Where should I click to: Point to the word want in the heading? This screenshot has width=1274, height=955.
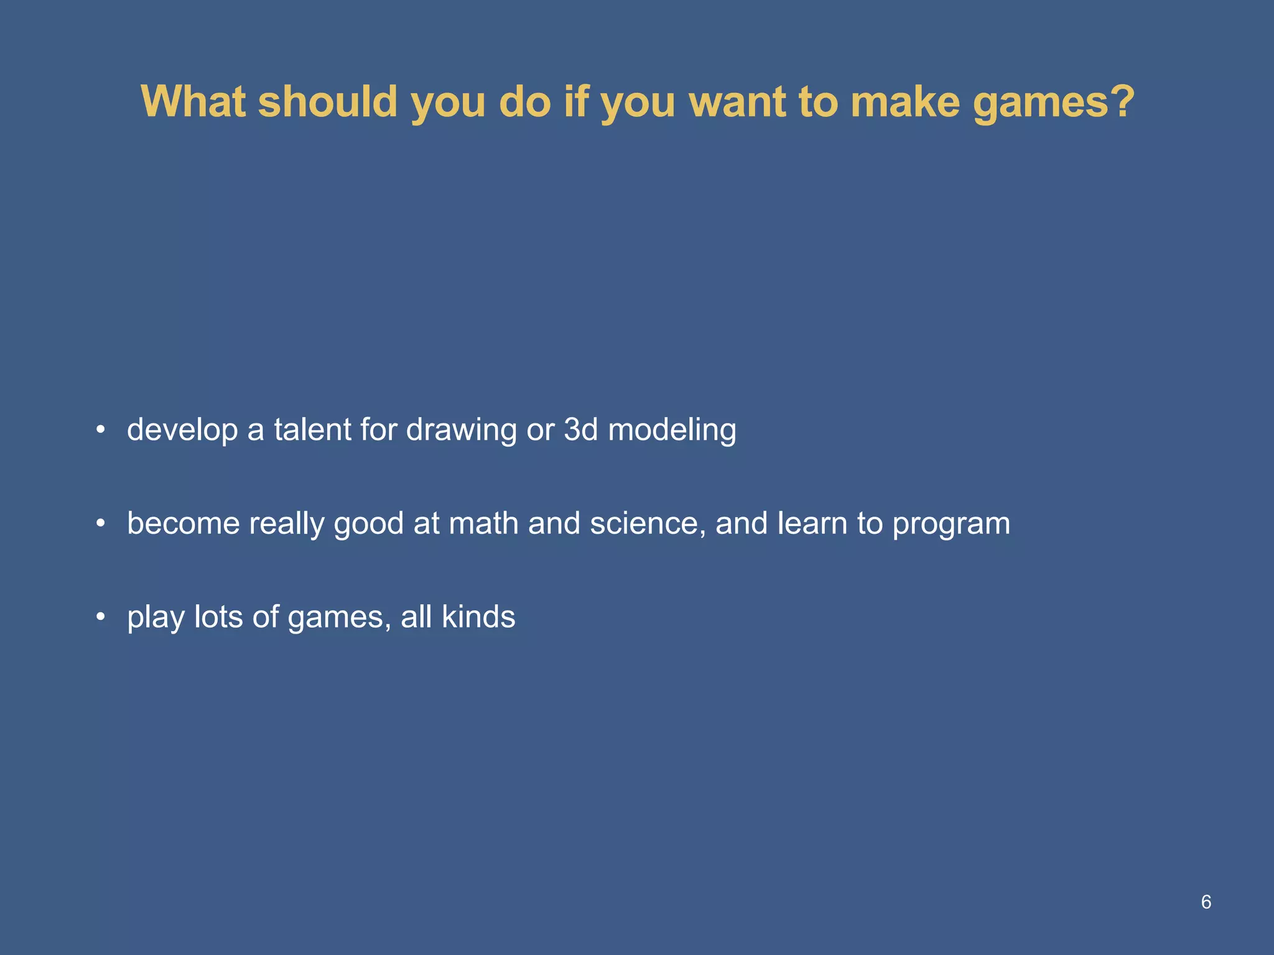tap(738, 103)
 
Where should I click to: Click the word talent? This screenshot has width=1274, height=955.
tap(312, 430)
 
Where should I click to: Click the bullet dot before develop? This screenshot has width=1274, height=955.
tap(101, 430)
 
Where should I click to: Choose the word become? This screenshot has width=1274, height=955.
tap(183, 524)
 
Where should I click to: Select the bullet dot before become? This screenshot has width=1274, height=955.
tap(101, 524)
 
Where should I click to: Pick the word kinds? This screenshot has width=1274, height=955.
tap(478, 617)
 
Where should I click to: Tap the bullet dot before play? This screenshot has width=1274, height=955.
tap(101, 617)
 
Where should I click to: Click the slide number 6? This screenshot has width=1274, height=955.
tap(1206, 902)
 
